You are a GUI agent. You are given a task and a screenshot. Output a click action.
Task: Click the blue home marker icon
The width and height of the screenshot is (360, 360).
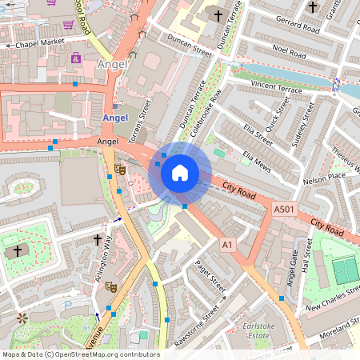coord(180,173)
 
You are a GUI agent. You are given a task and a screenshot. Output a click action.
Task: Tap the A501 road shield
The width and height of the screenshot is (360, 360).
coord(283,209)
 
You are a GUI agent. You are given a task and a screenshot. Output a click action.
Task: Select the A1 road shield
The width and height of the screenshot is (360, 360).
coord(228,244)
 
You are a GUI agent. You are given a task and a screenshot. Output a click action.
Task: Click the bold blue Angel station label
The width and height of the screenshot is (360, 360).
coord(116,118)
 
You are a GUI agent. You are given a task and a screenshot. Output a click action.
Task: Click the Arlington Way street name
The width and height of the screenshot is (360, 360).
coord(104,256)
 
